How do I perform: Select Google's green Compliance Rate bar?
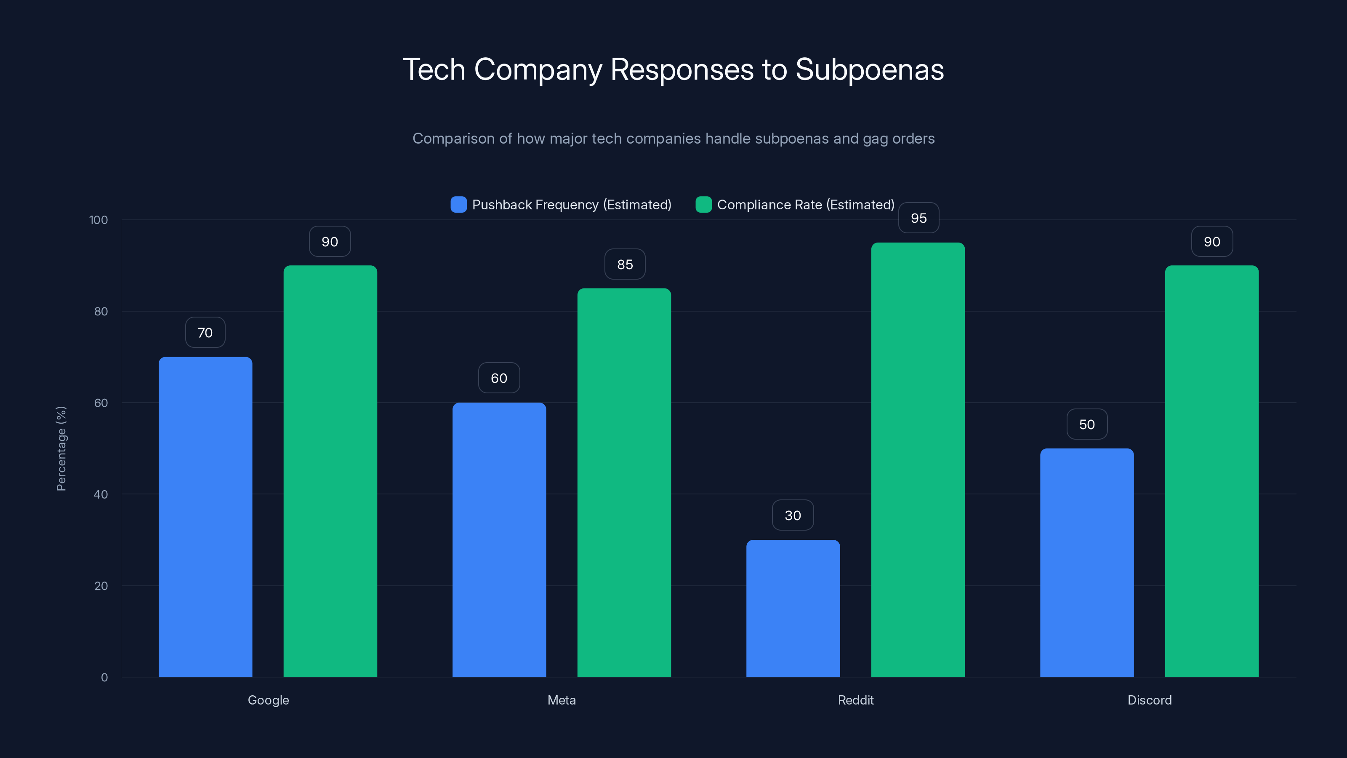tap(330, 471)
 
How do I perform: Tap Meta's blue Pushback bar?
tap(499, 539)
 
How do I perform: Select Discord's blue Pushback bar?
tap(1086, 562)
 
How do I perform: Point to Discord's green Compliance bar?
tap(1211, 471)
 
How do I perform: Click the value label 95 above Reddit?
tap(918, 218)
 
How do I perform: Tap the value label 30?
tap(793, 515)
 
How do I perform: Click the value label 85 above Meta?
tap(625, 264)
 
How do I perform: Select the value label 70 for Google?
tap(205, 333)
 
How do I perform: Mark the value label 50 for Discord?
tap(1086, 424)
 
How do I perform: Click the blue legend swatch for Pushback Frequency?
tap(458, 205)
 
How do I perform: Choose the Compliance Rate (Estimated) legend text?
tap(805, 205)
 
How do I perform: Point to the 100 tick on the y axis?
tap(98, 220)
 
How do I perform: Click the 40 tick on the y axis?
tap(101, 494)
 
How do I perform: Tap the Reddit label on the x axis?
tap(855, 700)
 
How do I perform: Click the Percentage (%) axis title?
tap(61, 448)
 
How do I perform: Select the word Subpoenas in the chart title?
tap(869, 69)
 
